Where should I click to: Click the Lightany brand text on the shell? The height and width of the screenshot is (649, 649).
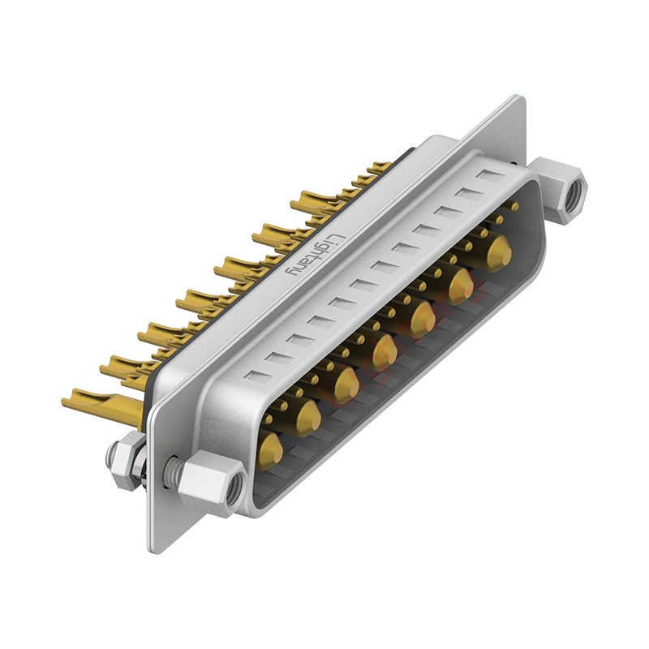click(x=316, y=256)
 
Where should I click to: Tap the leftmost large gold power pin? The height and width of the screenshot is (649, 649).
click(x=272, y=450)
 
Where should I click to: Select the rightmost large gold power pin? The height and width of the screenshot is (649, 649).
click(x=500, y=251)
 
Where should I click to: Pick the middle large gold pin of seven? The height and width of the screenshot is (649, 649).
click(x=385, y=353)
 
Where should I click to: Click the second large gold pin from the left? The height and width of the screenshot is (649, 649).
click(x=309, y=418)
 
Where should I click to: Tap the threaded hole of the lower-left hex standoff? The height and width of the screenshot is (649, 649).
click(x=234, y=486)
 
